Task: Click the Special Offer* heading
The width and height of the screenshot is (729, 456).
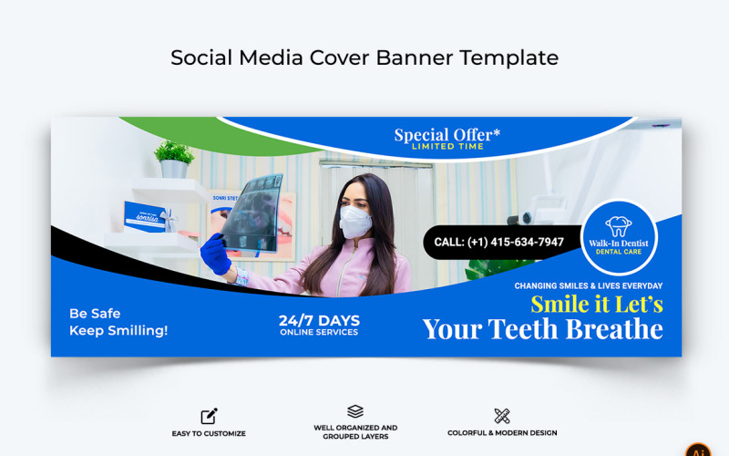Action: [x=447, y=135]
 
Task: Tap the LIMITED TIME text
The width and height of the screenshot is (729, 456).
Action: [x=447, y=147]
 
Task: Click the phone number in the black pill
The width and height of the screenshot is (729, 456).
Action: [x=498, y=243]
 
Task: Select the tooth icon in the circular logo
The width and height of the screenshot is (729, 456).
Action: [x=619, y=225]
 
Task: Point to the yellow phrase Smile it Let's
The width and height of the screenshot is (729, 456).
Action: [x=597, y=304]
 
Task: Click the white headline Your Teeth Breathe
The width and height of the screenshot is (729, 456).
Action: [x=543, y=328]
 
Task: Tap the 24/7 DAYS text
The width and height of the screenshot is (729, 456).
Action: [x=319, y=320]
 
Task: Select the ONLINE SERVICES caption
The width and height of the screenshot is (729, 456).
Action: [x=319, y=333]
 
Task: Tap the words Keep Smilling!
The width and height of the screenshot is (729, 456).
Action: [x=118, y=331]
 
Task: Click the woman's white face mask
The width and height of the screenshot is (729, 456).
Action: [x=355, y=222]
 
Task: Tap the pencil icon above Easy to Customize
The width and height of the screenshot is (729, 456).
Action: [x=209, y=417]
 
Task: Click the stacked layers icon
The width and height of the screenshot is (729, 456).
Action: [x=355, y=412]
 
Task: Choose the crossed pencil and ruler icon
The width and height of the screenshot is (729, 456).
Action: [x=502, y=417]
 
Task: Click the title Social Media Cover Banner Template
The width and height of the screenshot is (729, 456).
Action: [x=364, y=57]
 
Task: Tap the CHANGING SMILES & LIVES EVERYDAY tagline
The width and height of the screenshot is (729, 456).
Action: [x=588, y=285]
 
